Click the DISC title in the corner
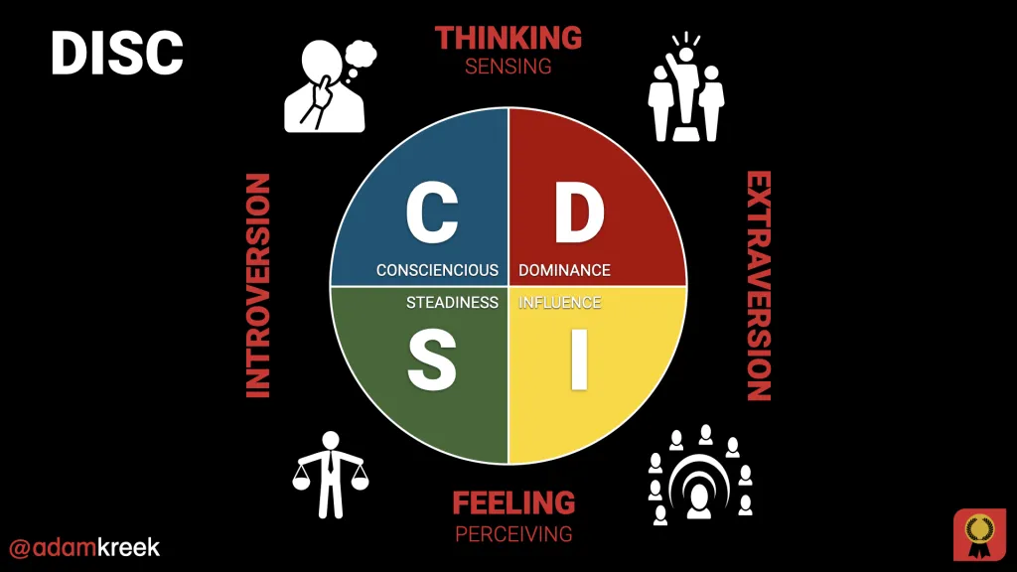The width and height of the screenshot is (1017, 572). coord(117,53)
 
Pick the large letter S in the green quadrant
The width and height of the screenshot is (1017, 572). coord(432,362)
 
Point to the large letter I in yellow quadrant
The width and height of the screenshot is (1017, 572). coord(579,362)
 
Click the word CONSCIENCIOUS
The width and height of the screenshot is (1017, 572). coord(437,270)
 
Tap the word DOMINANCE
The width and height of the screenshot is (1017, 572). coord(564,270)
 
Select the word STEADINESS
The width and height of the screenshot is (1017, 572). coord(452,302)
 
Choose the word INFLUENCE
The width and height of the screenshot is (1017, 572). coord(560,302)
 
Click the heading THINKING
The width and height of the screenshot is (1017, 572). coord(508,38)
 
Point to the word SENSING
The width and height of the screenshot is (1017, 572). coord(508,67)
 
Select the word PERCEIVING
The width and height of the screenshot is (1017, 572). coord(513,533)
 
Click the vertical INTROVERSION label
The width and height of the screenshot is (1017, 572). coord(257,286)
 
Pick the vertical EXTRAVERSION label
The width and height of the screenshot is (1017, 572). coord(759,286)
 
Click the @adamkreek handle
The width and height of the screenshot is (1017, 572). coord(83,547)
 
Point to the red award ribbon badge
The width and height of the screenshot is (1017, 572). coord(979,534)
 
